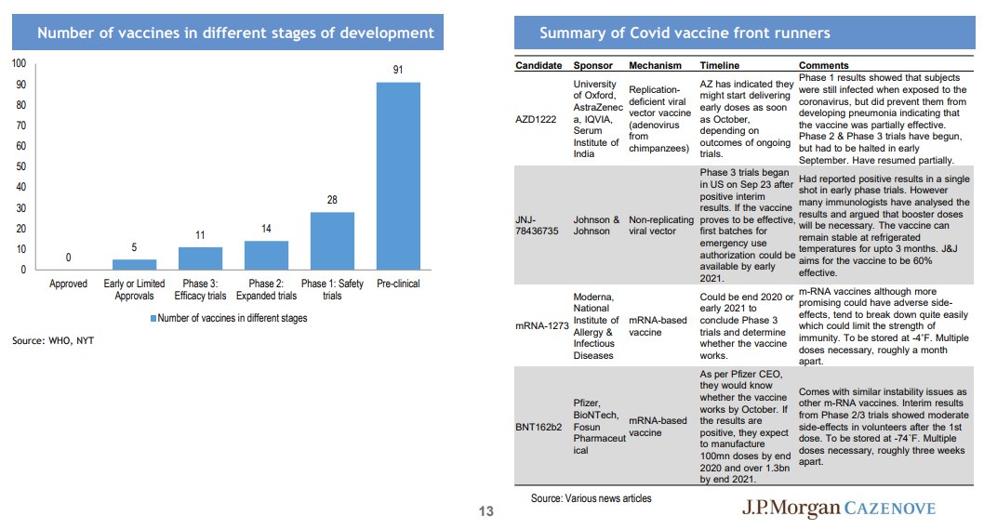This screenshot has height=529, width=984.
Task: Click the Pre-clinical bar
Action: click(x=398, y=176)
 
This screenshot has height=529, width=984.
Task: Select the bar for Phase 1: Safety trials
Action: click(x=332, y=241)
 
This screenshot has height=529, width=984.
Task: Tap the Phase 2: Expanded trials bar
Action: click(x=266, y=256)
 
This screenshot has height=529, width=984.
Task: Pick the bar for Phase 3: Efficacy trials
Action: click(x=200, y=258)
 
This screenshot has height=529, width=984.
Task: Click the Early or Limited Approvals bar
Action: click(x=134, y=264)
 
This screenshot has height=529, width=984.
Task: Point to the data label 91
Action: click(x=398, y=70)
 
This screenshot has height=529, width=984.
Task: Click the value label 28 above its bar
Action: click(x=332, y=200)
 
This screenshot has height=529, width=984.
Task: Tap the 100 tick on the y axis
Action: click(x=19, y=62)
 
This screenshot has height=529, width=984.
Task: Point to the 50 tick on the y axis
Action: click(x=20, y=166)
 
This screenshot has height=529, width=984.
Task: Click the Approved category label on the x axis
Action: click(x=69, y=284)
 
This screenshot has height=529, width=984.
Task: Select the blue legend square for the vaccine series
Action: click(x=153, y=319)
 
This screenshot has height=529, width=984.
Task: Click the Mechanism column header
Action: click(x=655, y=65)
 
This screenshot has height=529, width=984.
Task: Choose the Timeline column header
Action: click(x=720, y=65)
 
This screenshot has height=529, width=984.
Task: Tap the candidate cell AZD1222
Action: click(x=536, y=119)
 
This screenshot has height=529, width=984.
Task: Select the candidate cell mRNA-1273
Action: click(x=542, y=326)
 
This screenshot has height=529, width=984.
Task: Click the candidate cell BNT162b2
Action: click(x=539, y=428)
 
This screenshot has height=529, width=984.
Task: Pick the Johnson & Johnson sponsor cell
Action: click(x=596, y=225)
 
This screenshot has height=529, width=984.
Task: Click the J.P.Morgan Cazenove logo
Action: click(x=839, y=508)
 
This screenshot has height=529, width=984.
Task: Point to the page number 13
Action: click(x=486, y=511)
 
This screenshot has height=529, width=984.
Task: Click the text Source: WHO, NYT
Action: click(x=53, y=341)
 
